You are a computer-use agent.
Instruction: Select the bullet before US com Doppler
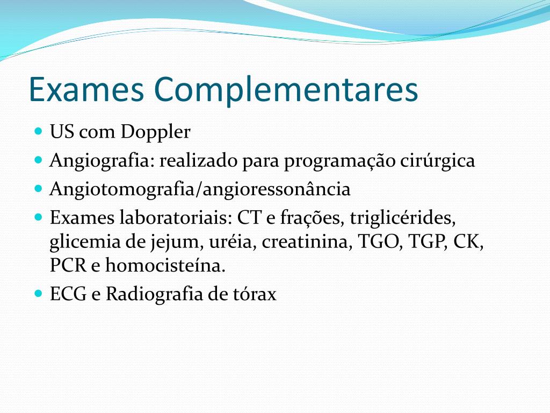pos(38,131)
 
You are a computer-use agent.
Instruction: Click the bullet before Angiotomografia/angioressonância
pos(38,189)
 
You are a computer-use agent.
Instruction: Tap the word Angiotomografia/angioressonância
pos(200,190)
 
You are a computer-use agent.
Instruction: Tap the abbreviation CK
pos(468,242)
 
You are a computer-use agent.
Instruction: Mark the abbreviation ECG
pos(68,294)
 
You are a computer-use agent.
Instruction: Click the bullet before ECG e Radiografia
pos(38,294)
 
